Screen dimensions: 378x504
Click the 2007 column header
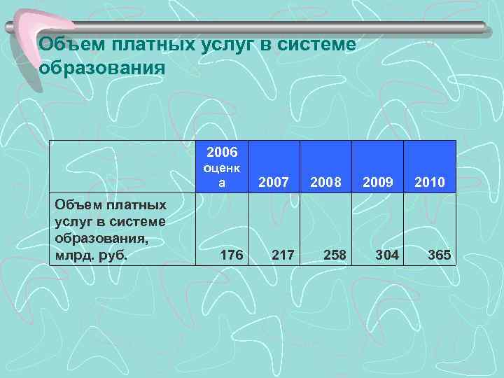click(274, 183)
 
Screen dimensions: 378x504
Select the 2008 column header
click(325, 183)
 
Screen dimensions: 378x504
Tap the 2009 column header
click(377, 183)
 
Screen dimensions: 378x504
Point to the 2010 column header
click(429, 183)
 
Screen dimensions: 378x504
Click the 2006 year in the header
click(222, 152)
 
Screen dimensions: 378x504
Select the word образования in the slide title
click(102, 69)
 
